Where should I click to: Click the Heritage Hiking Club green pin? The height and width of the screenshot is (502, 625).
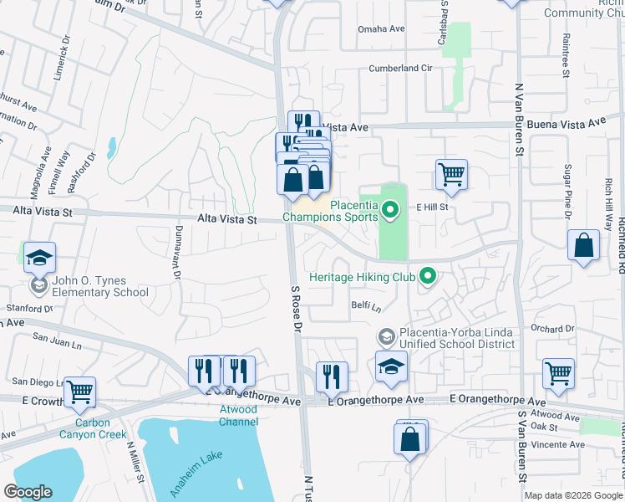tap(429, 275)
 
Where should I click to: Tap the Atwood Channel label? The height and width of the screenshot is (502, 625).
tap(238, 416)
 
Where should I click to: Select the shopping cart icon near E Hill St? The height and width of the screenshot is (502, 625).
tap(451, 174)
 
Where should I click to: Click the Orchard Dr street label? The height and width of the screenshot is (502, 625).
tap(553, 329)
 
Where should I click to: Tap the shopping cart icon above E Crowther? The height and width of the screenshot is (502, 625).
tap(79, 390)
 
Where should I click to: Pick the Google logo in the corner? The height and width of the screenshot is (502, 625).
tap(28, 492)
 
